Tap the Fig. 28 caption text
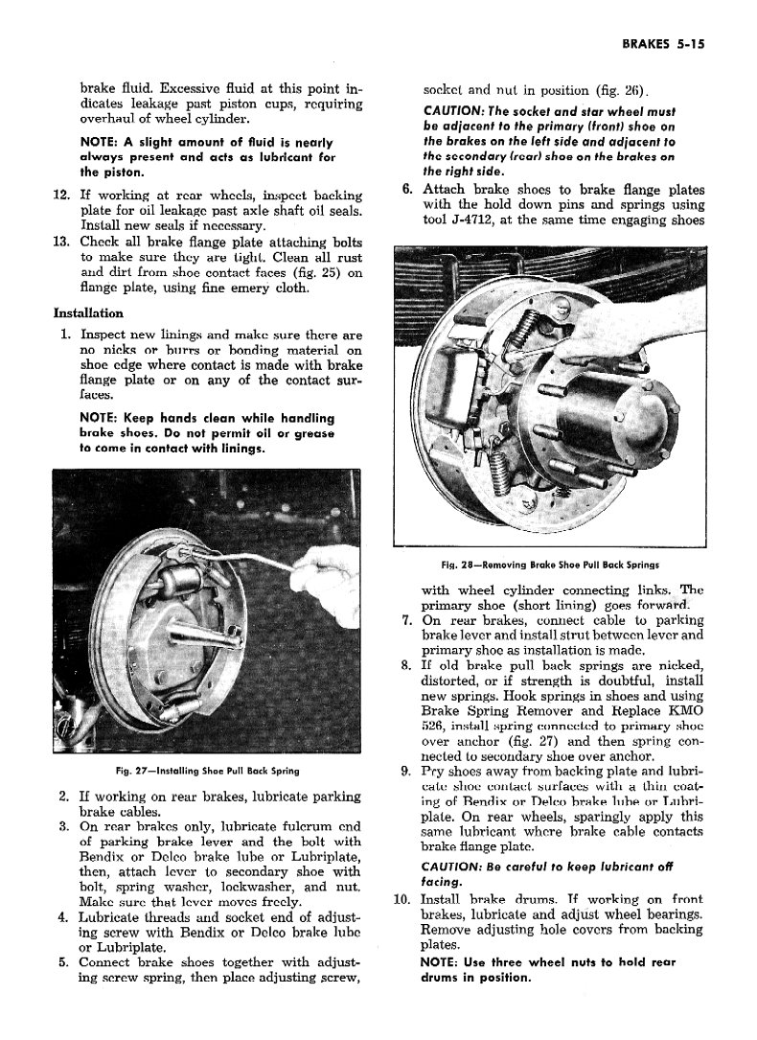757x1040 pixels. (549, 565)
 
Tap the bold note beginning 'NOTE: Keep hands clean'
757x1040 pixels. (208, 433)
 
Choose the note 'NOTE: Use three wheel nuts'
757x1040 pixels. (548, 969)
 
